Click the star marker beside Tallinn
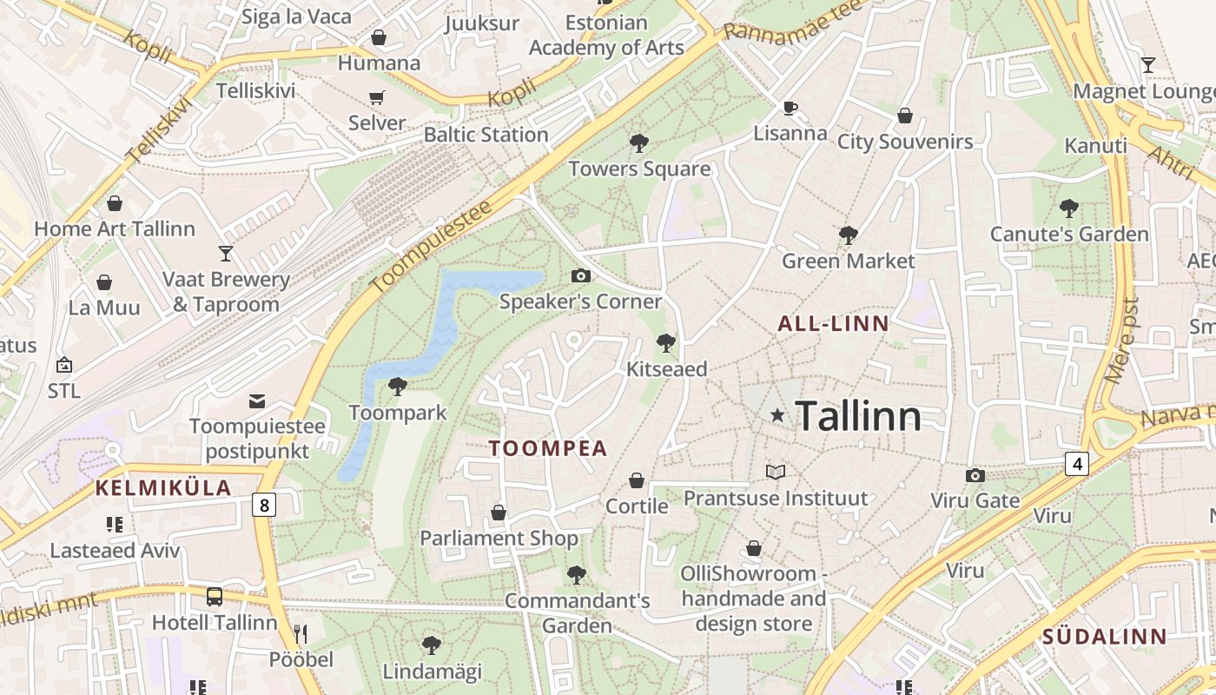coord(777,416)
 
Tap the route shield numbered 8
coord(265,505)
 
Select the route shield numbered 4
coord(1077,464)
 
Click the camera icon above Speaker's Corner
coord(581,276)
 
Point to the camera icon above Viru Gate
coord(975,475)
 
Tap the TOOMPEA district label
coord(547,448)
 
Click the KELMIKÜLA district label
coord(163,487)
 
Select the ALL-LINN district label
coord(833,324)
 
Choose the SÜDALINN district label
coord(1104,636)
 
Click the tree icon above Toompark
coord(398,386)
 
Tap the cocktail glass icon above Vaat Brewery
coord(226,253)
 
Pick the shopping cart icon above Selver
coord(377,97)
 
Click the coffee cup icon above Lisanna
coord(790,108)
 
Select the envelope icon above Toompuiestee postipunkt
coord(257,400)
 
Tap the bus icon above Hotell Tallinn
coord(215,597)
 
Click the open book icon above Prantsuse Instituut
coord(776,472)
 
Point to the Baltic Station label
coord(486,135)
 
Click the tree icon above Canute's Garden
coord(1069,208)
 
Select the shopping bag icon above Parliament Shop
coord(499,513)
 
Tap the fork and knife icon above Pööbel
coord(301,633)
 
